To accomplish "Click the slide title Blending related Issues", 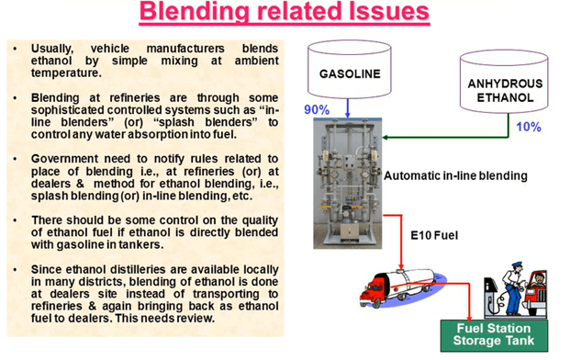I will click(x=285, y=15).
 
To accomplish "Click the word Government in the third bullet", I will click(x=68, y=158).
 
